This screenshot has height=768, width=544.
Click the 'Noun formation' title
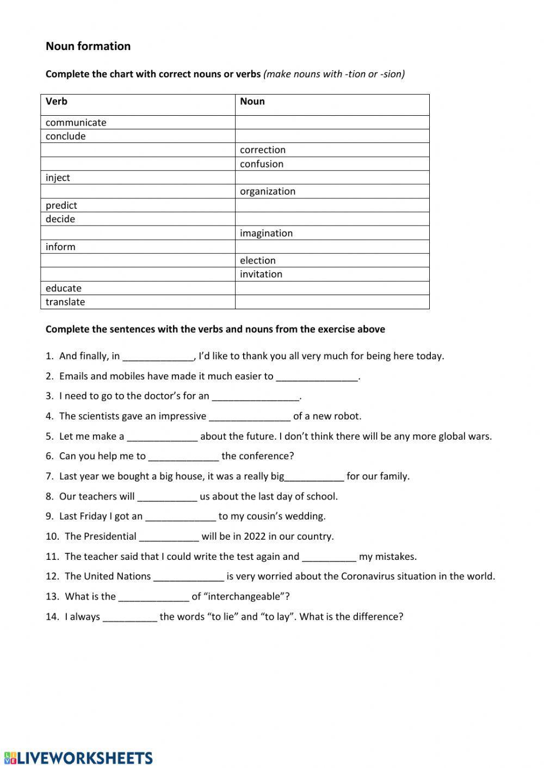point(88,46)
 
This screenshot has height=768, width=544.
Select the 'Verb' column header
point(57,102)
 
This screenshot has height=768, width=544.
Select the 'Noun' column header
point(252,102)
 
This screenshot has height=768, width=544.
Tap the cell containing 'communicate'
point(76,122)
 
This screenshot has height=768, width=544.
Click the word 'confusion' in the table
point(262,164)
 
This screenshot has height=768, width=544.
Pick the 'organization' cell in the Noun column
point(268,191)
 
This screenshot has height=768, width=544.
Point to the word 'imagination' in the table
point(267,233)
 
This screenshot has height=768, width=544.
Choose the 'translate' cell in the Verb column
point(65,302)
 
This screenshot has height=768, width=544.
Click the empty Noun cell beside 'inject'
point(332,178)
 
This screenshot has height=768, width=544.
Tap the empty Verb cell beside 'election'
point(138,260)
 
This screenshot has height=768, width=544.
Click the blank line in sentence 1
point(158,357)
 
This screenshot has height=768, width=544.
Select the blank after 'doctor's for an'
point(256,396)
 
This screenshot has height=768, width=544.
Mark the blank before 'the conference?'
point(183,457)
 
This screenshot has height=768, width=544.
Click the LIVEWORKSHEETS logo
point(78,758)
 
